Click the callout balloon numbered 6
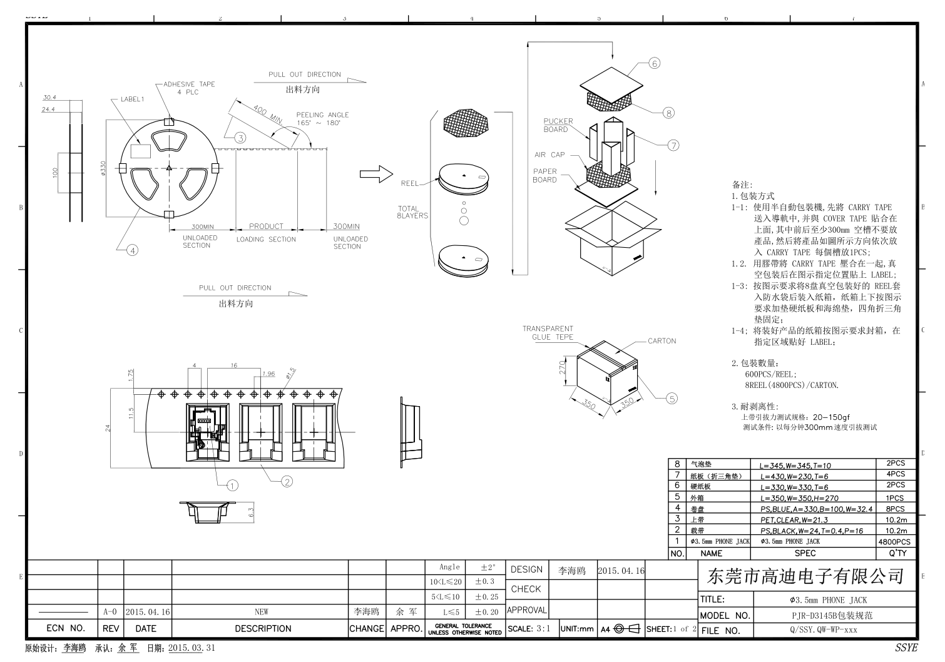(655, 63)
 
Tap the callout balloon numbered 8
(669, 113)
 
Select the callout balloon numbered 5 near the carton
(672, 398)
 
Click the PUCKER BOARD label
(558, 125)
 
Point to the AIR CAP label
(549, 155)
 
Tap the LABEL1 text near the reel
(132, 99)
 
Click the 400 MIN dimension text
(267, 114)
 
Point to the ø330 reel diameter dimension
(103, 168)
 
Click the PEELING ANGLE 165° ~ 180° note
(322, 119)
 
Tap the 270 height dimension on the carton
(563, 367)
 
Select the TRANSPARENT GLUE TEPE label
(548, 332)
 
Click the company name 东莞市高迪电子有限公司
(805, 575)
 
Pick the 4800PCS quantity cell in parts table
(894, 541)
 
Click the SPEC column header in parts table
(805, 553)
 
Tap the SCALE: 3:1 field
(529, 629)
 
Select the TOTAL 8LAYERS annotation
(412, 212)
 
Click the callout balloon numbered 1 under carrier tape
(232, 485)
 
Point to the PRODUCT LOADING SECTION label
(266, 232)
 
